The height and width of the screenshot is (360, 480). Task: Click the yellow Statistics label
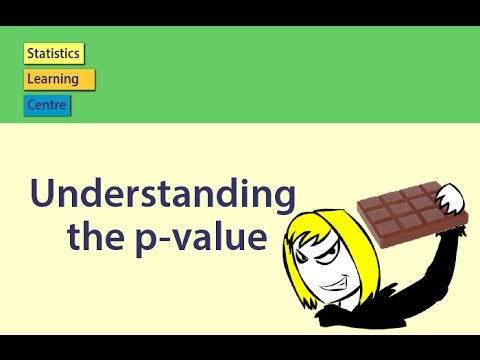pos(54,54)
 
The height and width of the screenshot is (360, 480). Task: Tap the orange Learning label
pos(59,79)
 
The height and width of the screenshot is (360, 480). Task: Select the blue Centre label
pos(48,104)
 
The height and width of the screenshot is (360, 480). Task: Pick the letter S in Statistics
pos(31,54)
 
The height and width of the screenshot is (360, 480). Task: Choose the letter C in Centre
pos(31,104)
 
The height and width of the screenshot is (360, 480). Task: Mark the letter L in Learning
pos(30,79)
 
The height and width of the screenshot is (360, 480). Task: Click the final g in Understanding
pos(283,200)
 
